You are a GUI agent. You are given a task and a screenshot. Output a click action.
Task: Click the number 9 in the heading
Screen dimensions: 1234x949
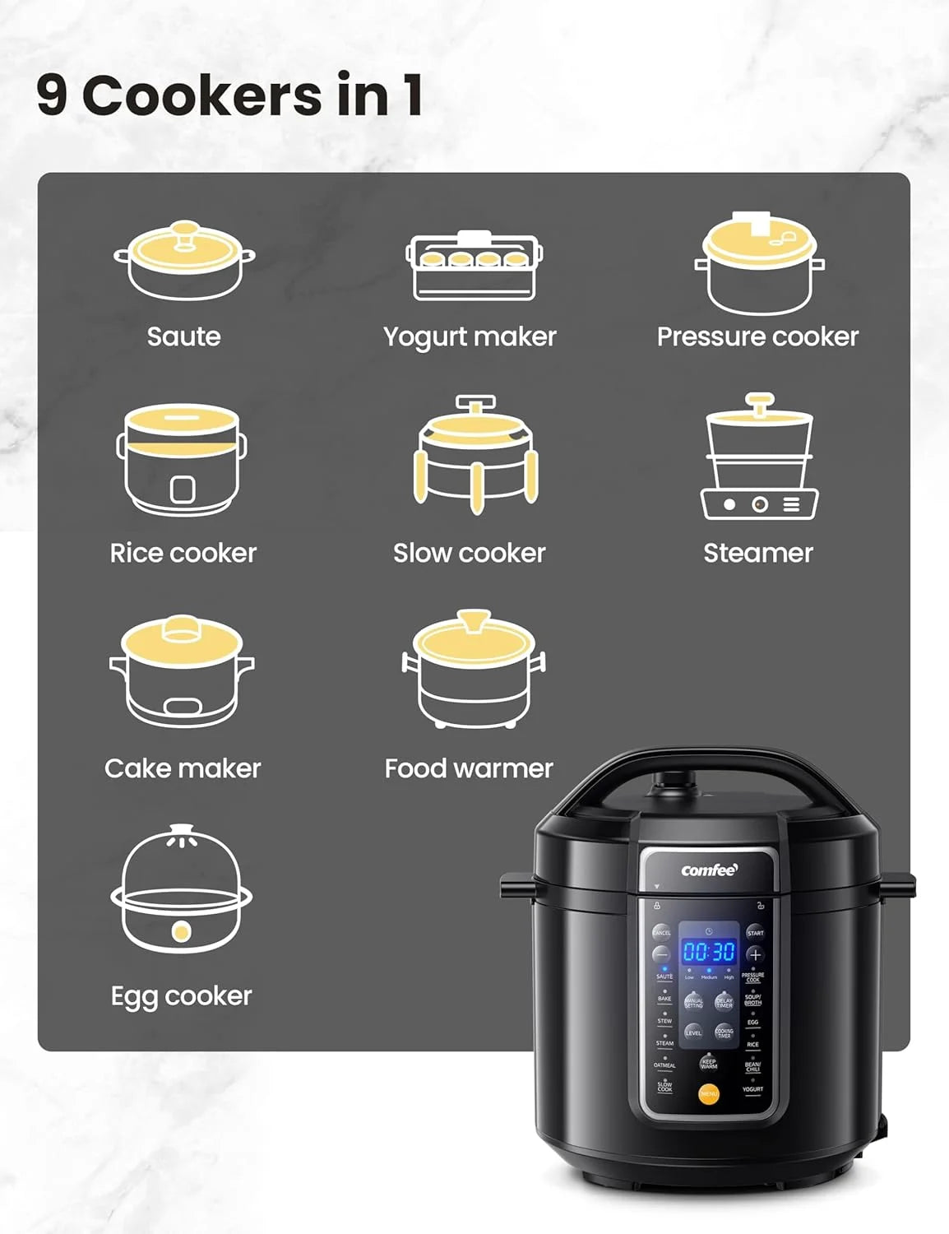coord(51,95)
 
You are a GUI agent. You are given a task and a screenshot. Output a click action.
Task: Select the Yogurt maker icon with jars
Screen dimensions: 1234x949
coord(474,266)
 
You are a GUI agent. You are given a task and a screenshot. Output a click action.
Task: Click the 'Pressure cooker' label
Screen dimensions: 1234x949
coord(757,336)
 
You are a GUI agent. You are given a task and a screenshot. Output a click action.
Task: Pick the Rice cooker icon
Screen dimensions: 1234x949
coord(182,459)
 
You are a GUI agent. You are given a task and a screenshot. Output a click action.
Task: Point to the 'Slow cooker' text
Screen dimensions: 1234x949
coord(469,553)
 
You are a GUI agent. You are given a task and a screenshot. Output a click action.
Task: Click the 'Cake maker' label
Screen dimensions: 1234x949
coord(183,768)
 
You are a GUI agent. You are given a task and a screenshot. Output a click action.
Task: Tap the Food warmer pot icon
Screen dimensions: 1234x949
coord(474,670)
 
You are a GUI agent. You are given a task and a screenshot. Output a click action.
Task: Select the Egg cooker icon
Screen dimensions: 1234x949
coord(182,890)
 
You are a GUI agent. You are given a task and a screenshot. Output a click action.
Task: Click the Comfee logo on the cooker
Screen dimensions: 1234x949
coord(709,870)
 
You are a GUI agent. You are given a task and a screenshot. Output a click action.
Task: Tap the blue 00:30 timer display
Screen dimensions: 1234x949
coord(709,952)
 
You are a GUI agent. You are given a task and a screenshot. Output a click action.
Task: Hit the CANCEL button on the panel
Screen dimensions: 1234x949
coord(662,933)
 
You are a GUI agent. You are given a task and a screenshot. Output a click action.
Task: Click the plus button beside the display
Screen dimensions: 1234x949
coord(755,955)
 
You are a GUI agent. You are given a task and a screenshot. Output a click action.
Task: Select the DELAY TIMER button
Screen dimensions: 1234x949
coord(724,1003)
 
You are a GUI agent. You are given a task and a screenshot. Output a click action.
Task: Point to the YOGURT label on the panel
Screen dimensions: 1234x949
coord(752,1089)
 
